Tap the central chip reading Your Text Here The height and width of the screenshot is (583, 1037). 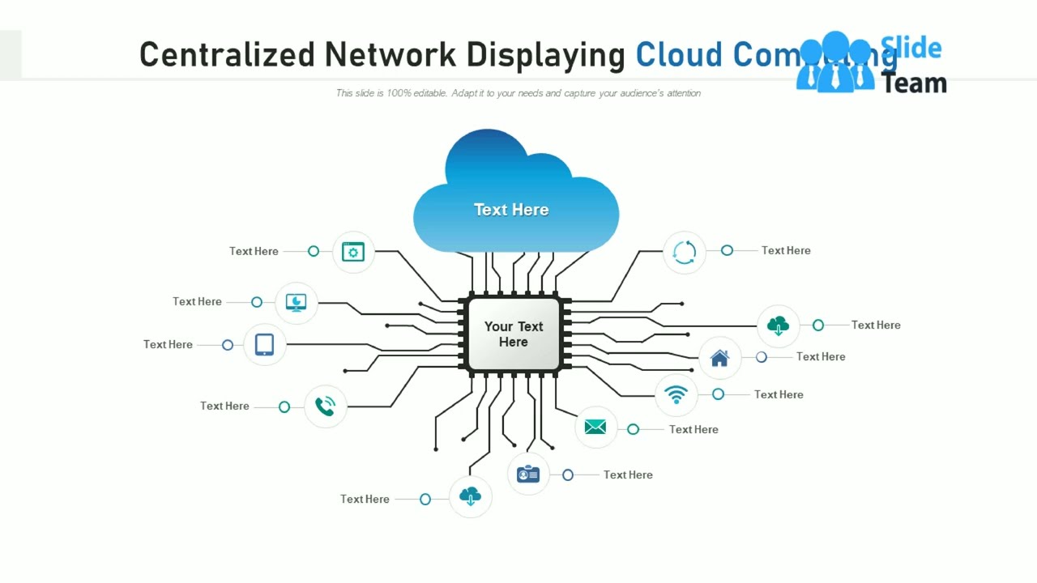pyautogui.click(x=514, y=334)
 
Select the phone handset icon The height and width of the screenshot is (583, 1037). pyautogui.click(x=325, y=406)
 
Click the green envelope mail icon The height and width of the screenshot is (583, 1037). pyautogui.click(x=595, y=428)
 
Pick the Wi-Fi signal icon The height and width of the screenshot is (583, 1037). pyautogui.click(x=676, y=394)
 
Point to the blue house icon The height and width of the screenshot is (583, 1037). pyautogui.click(x=719, y=357)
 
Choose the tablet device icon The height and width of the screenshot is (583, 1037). pyautogui.click(x=264, y=344)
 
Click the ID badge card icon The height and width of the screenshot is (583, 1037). pyautogui.click(x=528, y=474)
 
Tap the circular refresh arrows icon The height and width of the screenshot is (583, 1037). pyautogui.click(x=685, y=252)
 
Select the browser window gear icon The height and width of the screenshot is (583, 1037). pyautogui.click(x=353, y=252)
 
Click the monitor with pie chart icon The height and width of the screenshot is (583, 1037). pyautogui.click(x=297, y=303)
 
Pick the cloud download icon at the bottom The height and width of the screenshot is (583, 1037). pyautogui.click(x=470, y=496)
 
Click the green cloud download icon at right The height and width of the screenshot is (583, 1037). pyautogui.click(x=778, y=326)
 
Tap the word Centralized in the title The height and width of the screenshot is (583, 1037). pyautogui.click(x=227, y=54)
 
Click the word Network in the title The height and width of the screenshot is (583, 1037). pyautogui.click(x=390, y=54)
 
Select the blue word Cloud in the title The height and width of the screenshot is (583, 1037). pyautogui.click(x=679, y=54)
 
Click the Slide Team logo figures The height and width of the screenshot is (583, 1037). pyautogui.click(x=834, y=63)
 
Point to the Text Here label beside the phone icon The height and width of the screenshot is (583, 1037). pyautogui.click(x=224, y=406)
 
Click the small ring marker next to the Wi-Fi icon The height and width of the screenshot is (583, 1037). pyautogui.click(x=718, y=394)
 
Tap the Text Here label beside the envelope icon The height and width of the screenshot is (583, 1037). pyautogui.click(x=693, y=429)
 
